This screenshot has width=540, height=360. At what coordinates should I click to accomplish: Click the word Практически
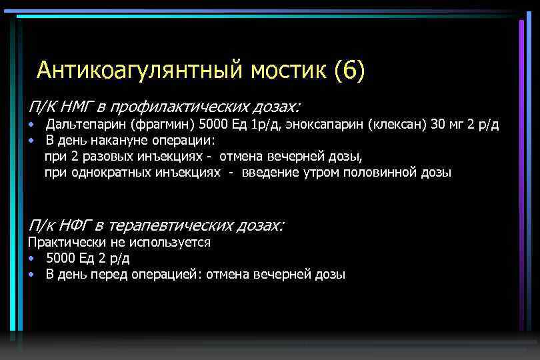point(61,242)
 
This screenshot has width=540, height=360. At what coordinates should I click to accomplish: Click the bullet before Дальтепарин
point(31,125)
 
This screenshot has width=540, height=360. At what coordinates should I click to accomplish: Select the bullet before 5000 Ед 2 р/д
point(31,259)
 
